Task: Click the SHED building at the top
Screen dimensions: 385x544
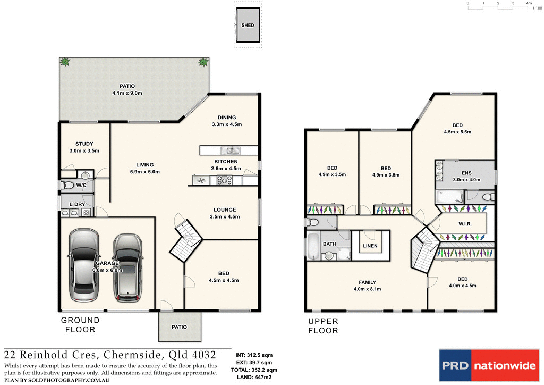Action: coord(248,25)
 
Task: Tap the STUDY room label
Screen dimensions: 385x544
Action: coord(84,147)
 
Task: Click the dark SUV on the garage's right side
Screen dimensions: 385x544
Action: coord(127,266)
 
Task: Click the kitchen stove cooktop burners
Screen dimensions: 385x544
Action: coord(223,181)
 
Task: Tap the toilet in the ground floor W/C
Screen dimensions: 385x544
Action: coord(67,186)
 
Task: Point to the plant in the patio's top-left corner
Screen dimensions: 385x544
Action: coord(65,62)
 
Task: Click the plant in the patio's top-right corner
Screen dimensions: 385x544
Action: coord(203,62)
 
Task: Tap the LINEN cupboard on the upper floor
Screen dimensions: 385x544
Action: coord(370,246)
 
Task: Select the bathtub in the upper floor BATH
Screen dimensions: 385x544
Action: coord(313,247)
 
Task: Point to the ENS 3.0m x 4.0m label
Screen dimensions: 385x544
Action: coord(466,176)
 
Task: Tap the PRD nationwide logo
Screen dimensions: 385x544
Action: coord(487,366)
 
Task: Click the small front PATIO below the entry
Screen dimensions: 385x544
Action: coord(180,327)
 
